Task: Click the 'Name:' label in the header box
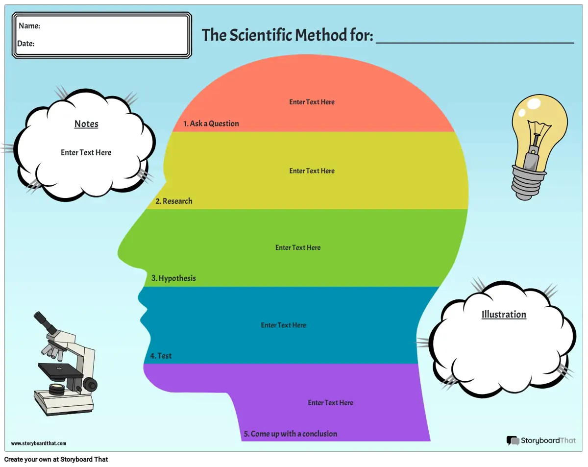click(29, 26)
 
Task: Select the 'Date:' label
click(26, 44)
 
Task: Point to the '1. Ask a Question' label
click(211, 123)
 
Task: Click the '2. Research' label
click(174, 201)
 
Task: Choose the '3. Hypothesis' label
click(173, 278)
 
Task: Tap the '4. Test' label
click(161, 356)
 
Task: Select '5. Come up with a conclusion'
click(291, 434)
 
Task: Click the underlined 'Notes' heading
click(86, 124)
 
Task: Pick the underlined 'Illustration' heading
click(504, 315)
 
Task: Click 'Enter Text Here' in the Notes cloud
click(86, 152)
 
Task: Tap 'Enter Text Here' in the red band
click(312, 102)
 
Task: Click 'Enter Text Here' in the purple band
click(330, 402)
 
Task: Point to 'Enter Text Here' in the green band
click(298, 247)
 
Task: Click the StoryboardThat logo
click(541, 441)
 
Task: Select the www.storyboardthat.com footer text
click(39, 443)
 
